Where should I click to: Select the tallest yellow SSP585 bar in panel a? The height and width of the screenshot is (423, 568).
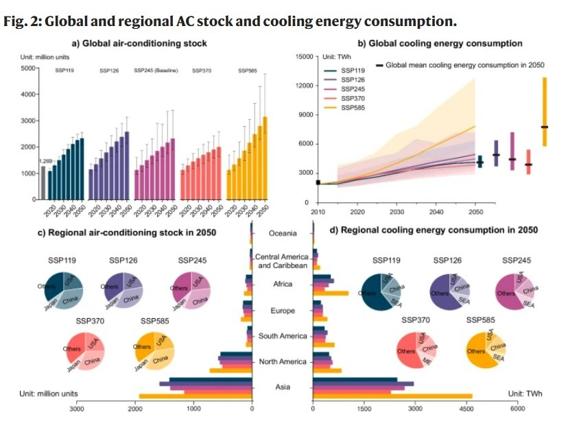click(x=265, y=158)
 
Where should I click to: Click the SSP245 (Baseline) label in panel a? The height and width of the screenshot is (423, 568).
click(x=155, y=71)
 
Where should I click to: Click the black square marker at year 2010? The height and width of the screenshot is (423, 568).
click(x=318, y=182)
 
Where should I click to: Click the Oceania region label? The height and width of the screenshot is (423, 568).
click(x=283, y=233)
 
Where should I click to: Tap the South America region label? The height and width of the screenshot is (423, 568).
click(x=283, y=336)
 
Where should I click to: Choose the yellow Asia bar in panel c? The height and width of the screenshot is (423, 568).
click(x=196, y=396)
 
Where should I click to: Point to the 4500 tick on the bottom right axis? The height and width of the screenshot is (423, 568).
click(x=466, y=409)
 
